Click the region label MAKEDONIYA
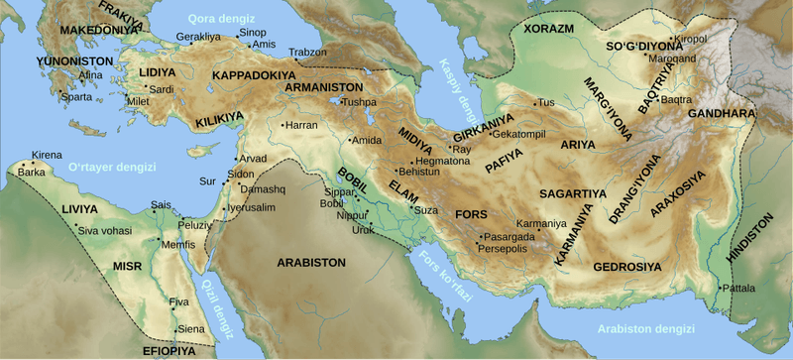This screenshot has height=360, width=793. (x=96, y=31)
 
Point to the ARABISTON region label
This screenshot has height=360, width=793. (x=311, y=263)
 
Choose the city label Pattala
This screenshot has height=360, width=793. (x=738, y=289)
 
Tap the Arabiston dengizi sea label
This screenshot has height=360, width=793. (x=645, y=328)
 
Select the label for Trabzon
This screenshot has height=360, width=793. (x=306, y=52)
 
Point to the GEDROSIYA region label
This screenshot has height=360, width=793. (x=626, y=267)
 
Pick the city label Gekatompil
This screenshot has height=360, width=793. (x=518, y=134)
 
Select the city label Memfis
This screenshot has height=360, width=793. (x=178, y=244)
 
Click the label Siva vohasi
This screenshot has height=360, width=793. (x=104, y=230)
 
